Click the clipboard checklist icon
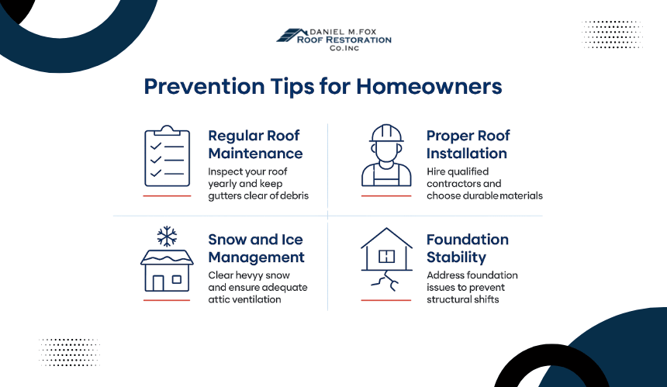pyautogui.click(x=168, y=156)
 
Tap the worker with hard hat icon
pyautogui.click(x=386, y=155)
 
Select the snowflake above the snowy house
pyautogui.click(x=167, y=236)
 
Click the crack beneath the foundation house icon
pyautogui.click(x=385, y=281)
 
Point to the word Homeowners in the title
pyautogui.click(x=429, y=86)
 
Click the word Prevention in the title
pyautogui.click(x=204, y=86)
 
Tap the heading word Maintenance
pyautogui.click(x=255, y=154)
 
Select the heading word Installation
pyautogui.click(x=467, y=154)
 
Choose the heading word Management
pyautogui.click(x=256, y=257)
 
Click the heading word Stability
pyautogui.click(x=456, y=257)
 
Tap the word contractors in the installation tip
pyautogui.click(x=454, y=184)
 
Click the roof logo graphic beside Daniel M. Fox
pyautogui.click(x=292, y=36)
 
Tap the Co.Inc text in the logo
pyautogui.click(x=344, y=48)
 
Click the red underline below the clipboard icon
pyautogui.click(x=167, y=196)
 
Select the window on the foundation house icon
pyautogui.click(x=386, y=257)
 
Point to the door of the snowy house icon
pyautogui.click(x=157, y=283)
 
